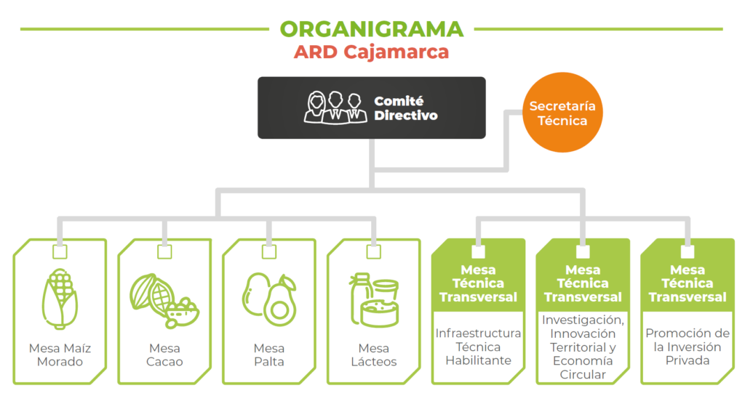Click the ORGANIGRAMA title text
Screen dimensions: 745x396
point(372,29)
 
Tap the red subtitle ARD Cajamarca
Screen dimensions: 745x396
point(371,52)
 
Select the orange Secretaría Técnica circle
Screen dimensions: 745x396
point(562,113)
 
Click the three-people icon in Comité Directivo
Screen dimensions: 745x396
point(335,108)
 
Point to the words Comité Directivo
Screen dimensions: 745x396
point(406,108)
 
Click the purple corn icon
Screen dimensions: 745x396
point(60,299)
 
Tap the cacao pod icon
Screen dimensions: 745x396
point(164,301)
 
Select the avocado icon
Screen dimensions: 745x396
point(269,299)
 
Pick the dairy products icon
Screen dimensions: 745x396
point(374,300)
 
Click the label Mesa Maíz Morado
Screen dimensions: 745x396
point(60,355)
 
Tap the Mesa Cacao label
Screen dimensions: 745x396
point(164,355)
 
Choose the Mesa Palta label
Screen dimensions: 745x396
point(269,355)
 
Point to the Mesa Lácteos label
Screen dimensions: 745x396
point(374,355)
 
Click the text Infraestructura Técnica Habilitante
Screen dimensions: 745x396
point(478,347)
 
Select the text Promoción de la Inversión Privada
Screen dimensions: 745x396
point(688,347)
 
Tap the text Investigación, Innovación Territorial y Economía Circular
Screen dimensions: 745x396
point(583,347)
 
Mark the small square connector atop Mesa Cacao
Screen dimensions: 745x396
point(164,252)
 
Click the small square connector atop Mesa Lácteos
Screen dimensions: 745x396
point(374,252)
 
